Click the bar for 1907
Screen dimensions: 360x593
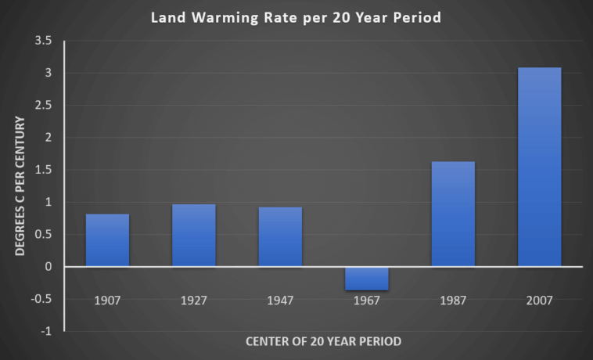107,240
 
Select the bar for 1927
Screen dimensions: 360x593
194,235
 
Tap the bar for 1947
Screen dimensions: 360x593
280,236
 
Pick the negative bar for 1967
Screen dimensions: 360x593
366,279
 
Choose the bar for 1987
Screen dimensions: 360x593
453,214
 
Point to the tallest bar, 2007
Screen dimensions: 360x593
539,167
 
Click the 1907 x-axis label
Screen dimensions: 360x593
107,300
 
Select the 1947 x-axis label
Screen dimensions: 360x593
280,300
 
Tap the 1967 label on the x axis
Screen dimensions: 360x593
366,300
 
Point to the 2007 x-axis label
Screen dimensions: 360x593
539,300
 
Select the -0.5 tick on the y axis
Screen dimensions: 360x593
44,299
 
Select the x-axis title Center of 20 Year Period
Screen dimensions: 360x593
324,341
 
